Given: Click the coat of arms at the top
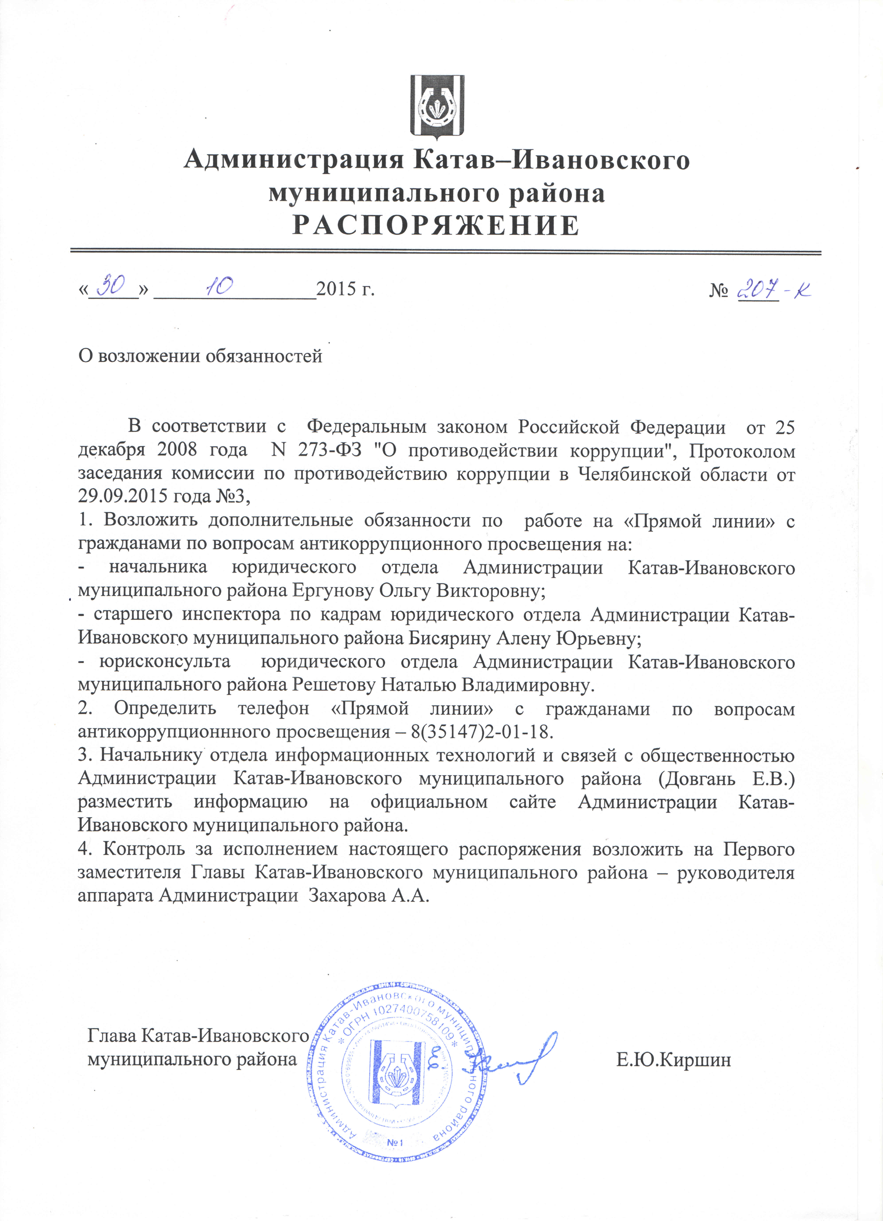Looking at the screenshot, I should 437,106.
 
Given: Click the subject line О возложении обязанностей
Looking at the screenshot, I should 200,356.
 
